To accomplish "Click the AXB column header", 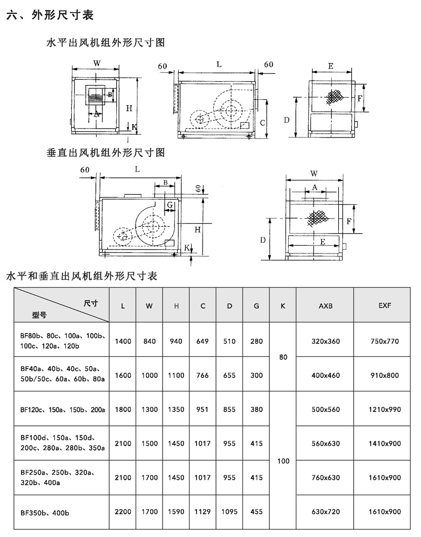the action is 325,306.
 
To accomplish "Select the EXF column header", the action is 385,305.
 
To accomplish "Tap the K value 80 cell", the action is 283,357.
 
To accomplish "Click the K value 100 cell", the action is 283,461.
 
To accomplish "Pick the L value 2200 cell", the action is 123,512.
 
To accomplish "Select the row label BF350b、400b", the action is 44,513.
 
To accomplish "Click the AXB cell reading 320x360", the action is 326,341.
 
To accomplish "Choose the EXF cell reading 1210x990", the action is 385,409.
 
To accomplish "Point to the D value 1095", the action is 229,512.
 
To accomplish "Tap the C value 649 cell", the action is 203,341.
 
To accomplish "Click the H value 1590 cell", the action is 176,512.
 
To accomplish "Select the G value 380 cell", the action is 256,409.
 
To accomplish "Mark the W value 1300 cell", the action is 150,409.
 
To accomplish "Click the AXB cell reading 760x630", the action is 326,477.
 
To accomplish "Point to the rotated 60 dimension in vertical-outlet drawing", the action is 198,188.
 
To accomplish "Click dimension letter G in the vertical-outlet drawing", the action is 170,205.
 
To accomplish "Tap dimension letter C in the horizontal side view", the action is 262,123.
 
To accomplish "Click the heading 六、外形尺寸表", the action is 50,15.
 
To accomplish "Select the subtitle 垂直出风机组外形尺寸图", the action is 106,152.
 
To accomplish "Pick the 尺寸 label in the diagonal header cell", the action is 91,303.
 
